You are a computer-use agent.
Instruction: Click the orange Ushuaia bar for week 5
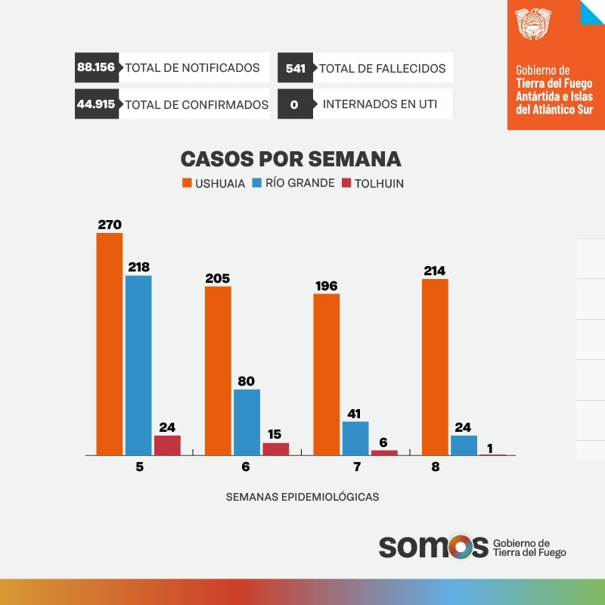tap(110, 344)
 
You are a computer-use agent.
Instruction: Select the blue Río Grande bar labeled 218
tap(138, 365)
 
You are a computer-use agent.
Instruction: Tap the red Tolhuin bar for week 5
tap(167, 445)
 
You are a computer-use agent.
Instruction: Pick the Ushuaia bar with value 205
tap(218, 371)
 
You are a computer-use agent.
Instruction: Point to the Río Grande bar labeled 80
tap(247, 422)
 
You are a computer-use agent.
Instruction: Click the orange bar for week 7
tap(327, 374)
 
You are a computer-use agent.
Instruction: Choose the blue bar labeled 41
tap(355, 438)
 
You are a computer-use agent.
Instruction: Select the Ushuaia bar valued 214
tap(435, 367)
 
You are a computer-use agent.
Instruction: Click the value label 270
tap(110, 224)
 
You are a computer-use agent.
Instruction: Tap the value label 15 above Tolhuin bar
tap(276, 434)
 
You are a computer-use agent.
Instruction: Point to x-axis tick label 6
tap(246, 467)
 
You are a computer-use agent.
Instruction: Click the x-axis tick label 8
tap(436, 467)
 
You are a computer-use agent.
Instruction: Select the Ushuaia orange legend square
tap(187, 183)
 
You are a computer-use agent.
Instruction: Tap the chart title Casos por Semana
tap(290, 159)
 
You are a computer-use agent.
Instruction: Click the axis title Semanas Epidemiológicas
tap(302, 497)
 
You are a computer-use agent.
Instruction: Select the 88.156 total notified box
tap(96, 67)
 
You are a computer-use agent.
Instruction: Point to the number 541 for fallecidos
tap(295, 68)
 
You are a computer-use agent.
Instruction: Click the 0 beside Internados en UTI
tap(294, 104)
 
